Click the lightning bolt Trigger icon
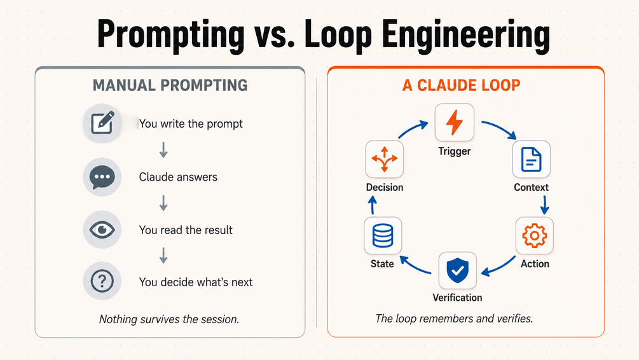[455, 122]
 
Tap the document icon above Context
[531, 159]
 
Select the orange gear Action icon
[534, 235]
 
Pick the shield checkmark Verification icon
[457, 270]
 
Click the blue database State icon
[383, 235]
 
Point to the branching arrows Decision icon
[384, 159]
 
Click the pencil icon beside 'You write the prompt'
[102, 123]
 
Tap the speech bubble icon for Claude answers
[102, 177]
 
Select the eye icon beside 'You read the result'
[102, 230]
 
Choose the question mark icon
[102, 281]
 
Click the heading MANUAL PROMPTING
[170, 85]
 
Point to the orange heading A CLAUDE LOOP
[462, 85]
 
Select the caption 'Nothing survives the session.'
[169, 319]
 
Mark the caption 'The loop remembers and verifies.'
[454, 318]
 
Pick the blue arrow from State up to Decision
[373, 205]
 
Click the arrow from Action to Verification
[498, 267]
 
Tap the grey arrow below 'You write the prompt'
[163, 149]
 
